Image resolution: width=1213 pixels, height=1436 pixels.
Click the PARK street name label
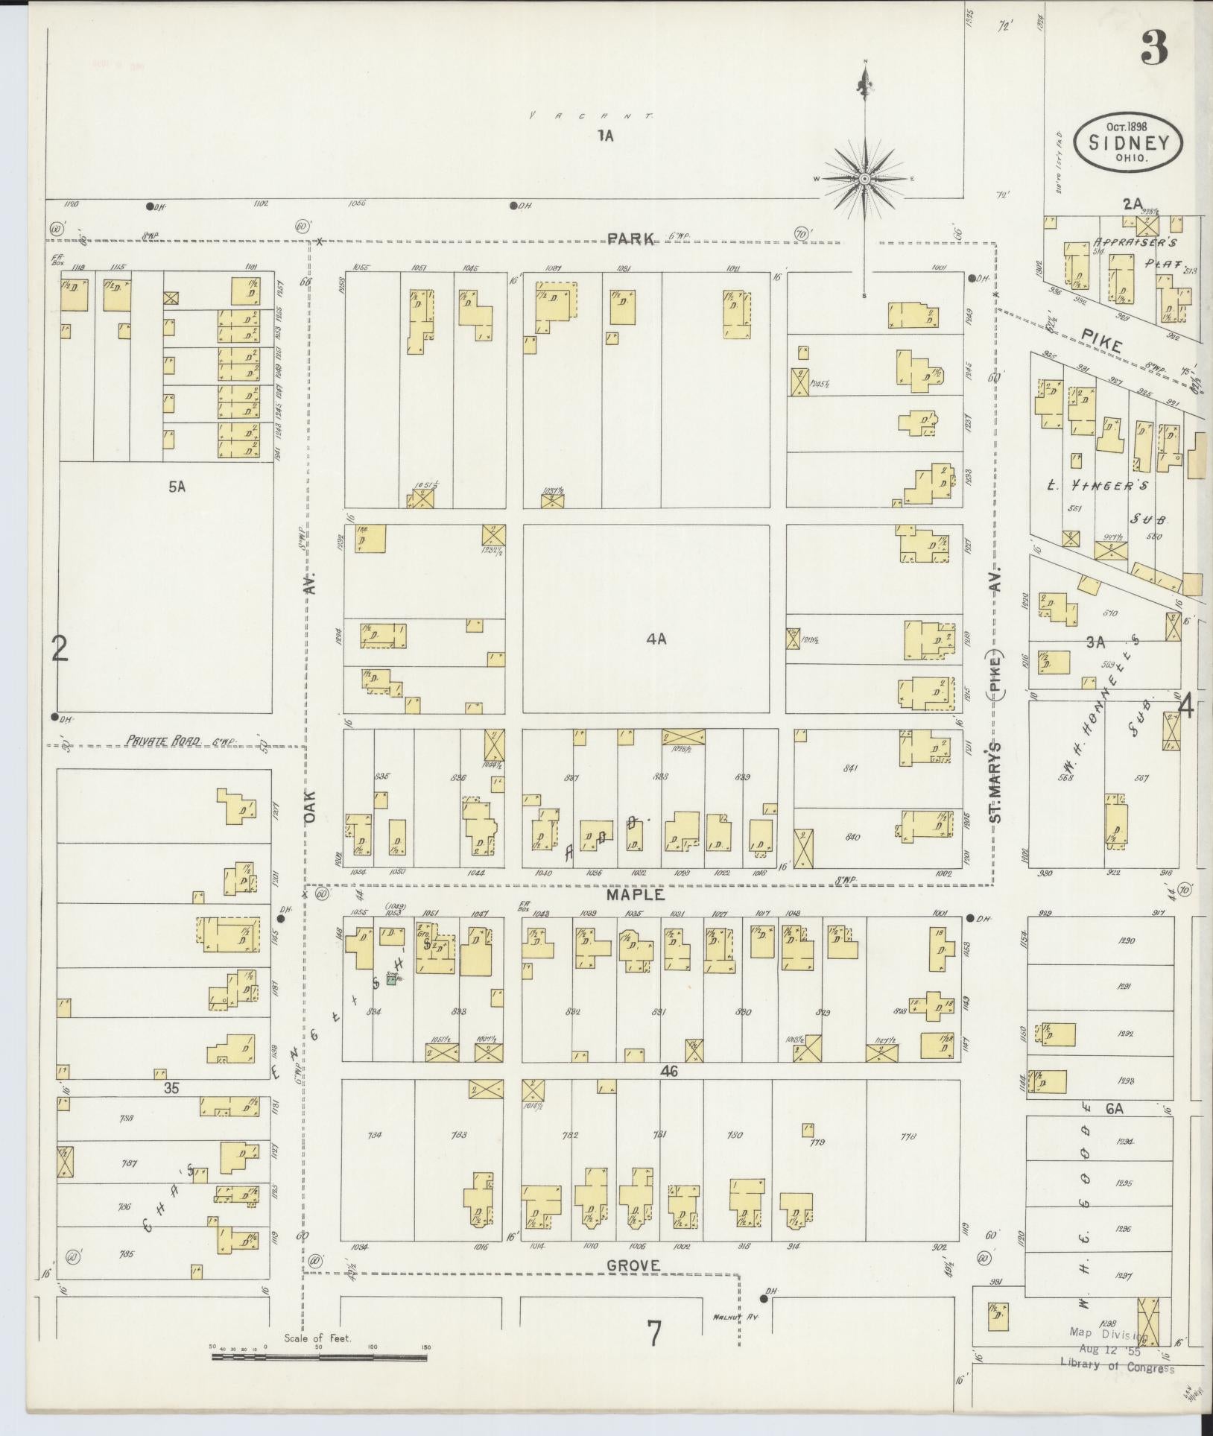(630, 238)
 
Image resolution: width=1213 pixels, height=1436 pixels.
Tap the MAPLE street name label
(635, 894)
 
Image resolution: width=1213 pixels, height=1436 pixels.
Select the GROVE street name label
(633, 1265)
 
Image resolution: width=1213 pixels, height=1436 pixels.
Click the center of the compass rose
(864, 179)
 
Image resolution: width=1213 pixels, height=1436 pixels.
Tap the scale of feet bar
(319, 1357)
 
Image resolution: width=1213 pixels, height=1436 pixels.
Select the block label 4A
(656, 639)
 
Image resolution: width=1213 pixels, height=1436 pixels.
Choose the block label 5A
(177, 487)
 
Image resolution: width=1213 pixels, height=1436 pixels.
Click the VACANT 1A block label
(604, 136)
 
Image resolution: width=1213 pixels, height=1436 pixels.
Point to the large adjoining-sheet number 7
(653, 1334)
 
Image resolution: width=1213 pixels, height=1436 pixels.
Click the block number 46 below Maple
(667, 1071)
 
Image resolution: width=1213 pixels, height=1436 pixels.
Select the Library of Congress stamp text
(1117, 1368)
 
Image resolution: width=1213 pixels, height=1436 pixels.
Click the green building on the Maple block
(392, 981)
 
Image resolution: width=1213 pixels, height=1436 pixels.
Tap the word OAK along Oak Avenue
(311, 806)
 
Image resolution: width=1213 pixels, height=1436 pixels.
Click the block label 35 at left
(171, 1088)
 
